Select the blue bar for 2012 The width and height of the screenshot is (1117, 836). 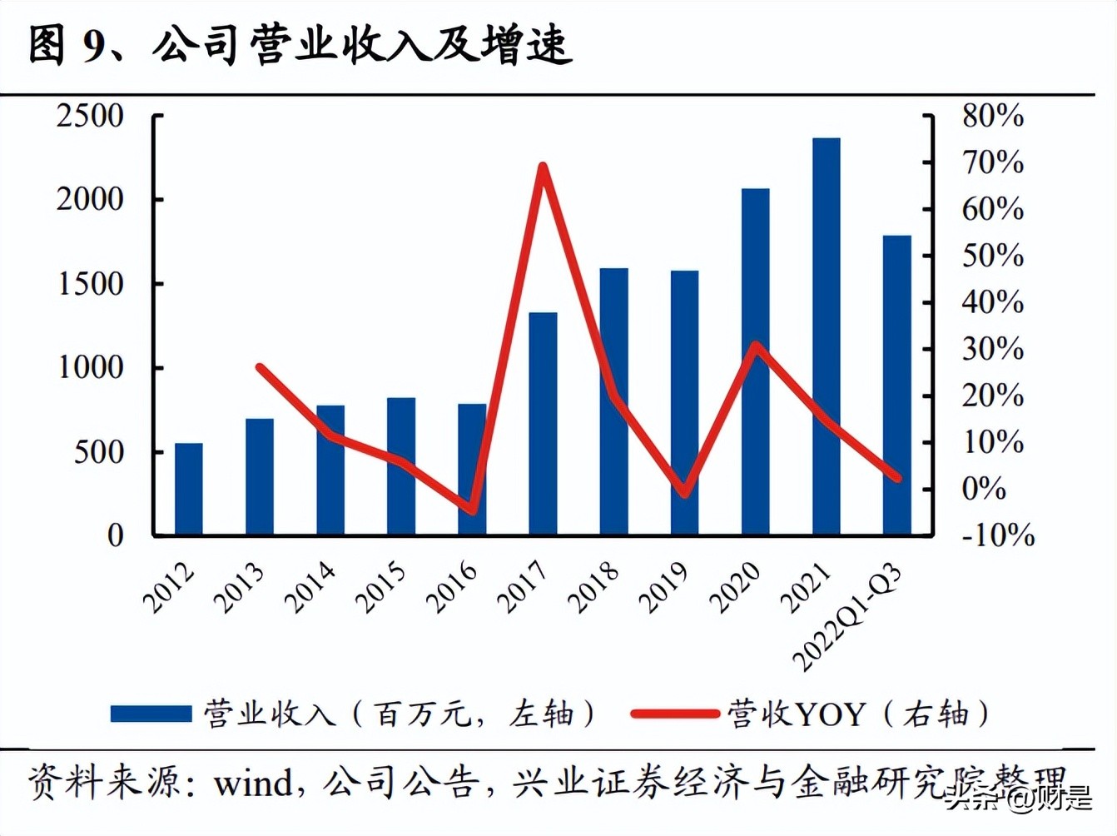189,489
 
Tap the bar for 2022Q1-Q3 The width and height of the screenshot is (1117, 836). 896,385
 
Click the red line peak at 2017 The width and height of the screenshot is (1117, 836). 542,167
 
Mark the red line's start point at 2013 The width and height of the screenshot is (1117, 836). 260,367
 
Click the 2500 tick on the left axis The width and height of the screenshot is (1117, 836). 90,116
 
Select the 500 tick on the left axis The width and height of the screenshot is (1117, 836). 98,452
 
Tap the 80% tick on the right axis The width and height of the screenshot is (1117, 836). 992,116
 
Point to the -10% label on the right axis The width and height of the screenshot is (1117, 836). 997,535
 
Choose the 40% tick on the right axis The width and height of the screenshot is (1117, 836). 992,302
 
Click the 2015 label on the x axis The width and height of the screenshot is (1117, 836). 382,587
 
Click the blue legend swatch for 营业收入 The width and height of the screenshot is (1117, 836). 151,714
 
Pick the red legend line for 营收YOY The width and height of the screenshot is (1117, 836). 673,714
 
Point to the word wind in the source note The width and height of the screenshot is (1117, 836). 252,784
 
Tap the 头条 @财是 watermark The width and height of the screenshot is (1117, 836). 1018,800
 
